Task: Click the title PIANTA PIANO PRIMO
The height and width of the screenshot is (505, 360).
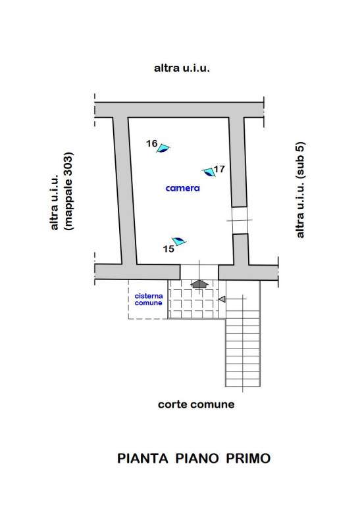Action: pyautogui.click(x=193, y=458)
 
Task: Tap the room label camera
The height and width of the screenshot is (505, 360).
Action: pyautogui.click(x=183, y=188)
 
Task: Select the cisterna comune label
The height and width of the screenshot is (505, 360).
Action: pyautogui.click(x=149, y=299)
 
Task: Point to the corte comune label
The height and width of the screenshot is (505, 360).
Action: pyautogui.click(x=196, y=404)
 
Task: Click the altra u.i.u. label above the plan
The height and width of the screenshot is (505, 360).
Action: pyautogui.click(x=182, y=68)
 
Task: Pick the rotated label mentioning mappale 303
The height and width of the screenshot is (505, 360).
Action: pyautogui.click(x=62, y=191)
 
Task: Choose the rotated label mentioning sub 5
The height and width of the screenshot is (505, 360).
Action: pyautogui.click(x=300, y=190)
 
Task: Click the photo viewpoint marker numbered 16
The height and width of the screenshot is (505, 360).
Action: pyautogui.click(x=163, y=148)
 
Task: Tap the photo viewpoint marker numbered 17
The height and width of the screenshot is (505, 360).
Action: pyautogui.click(x=209, y=172)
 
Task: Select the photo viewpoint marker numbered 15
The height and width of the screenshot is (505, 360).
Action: pyautogui.click(x=179, y=241)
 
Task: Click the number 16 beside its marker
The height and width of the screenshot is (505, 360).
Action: pyautogui.click(x=151, y=143)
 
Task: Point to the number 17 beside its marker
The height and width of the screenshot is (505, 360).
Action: pyautogui.click(x=219, y=169)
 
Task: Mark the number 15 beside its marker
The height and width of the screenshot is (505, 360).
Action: pyautogui.click(x=168, y=249)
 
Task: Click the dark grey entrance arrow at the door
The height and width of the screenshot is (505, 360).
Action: pyautogui.click(x=199, y=283)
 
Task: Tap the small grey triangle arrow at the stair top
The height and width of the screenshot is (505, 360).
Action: pyautogui.click(x=222, y=299)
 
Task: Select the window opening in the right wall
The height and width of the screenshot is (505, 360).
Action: pyautogui.click(x=240, y=220)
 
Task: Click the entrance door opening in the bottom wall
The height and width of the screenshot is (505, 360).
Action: pyautogui.click(x=199, y=272)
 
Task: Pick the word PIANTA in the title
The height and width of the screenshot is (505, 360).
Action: pyautogui.click(x=142, y=458)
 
